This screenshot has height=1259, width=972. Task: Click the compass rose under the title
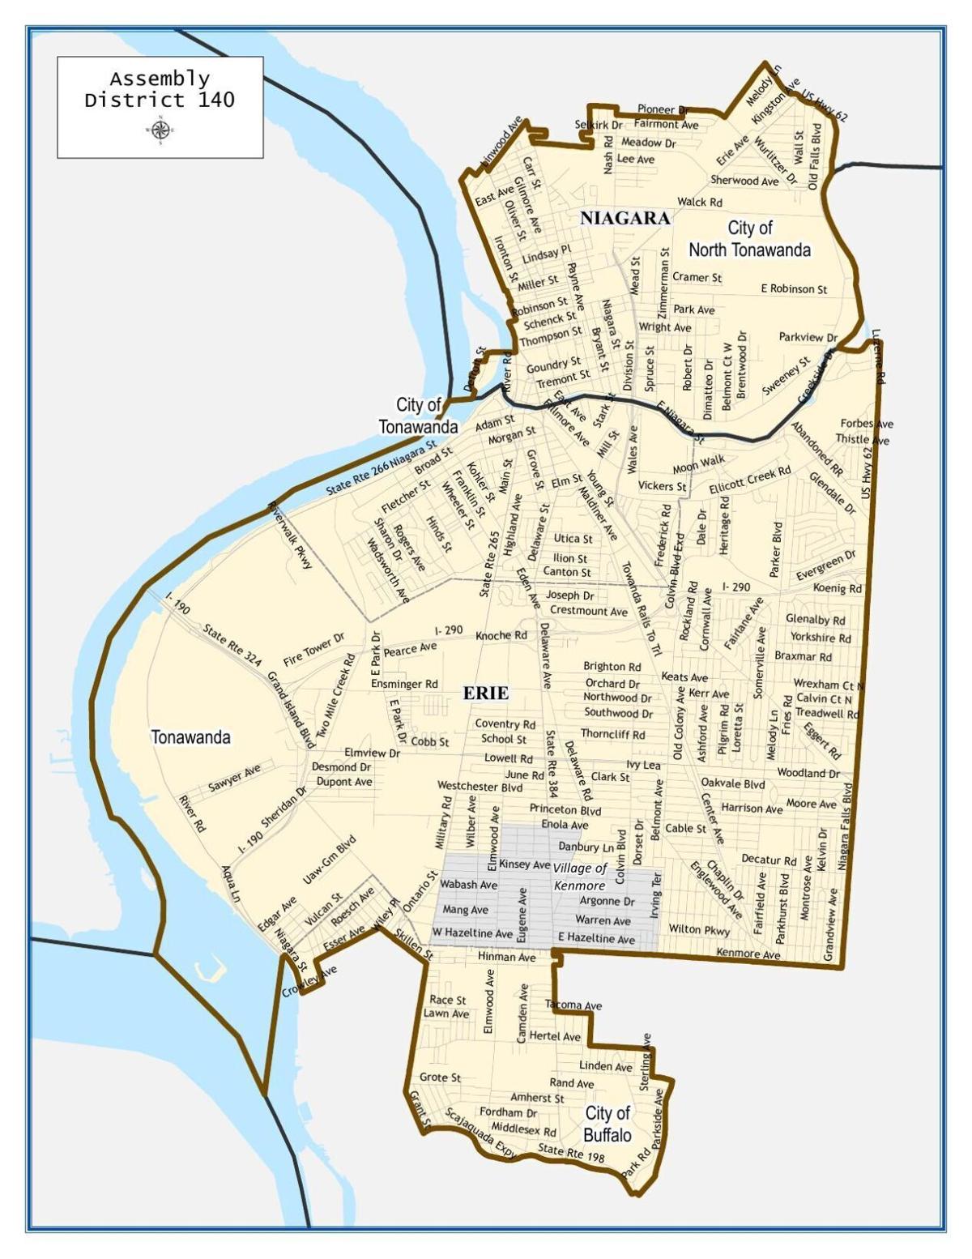(160, 130)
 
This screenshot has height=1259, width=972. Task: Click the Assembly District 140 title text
(160, 90)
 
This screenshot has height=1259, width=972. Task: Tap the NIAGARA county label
(625, 218)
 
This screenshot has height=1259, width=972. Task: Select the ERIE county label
(486, 693)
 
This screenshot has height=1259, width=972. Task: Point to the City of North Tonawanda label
(749, 239)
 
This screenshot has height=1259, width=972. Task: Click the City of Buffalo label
(607, 1124)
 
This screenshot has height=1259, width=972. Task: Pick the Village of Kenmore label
(579, 877)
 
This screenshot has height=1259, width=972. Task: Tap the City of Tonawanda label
(418, 415)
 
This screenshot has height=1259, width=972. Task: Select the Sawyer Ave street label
(234, 778)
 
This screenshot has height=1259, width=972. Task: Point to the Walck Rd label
(699, 202)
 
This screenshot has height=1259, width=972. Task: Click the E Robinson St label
(794, 288)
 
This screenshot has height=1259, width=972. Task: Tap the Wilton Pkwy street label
(698, 929)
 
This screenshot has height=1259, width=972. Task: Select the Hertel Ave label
(555, 1036)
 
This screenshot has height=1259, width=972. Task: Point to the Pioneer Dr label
(662, 109)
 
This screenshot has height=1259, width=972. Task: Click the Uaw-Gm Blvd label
(329, 861)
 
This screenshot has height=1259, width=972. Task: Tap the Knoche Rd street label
(501, 636)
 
